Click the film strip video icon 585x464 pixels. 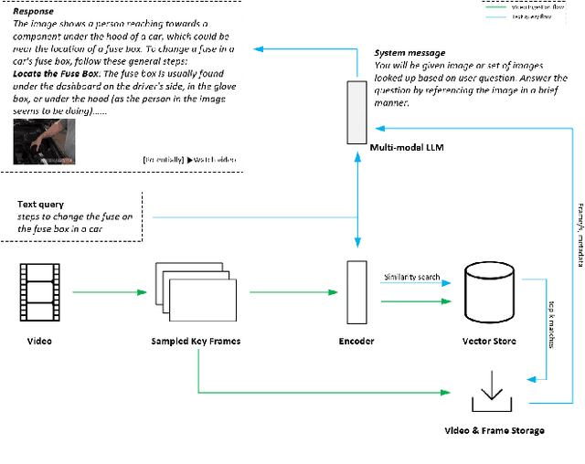[37, 292]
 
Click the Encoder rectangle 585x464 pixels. [356, 291]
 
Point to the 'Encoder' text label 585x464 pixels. [356, 342]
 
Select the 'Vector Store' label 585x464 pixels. [492, 342]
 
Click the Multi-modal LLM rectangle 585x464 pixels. [356, 111]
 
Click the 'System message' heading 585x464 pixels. [409, 53]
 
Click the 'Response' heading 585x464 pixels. [33, 11]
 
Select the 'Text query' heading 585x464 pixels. [41, 204]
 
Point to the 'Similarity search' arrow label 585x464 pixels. [411, 277]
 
